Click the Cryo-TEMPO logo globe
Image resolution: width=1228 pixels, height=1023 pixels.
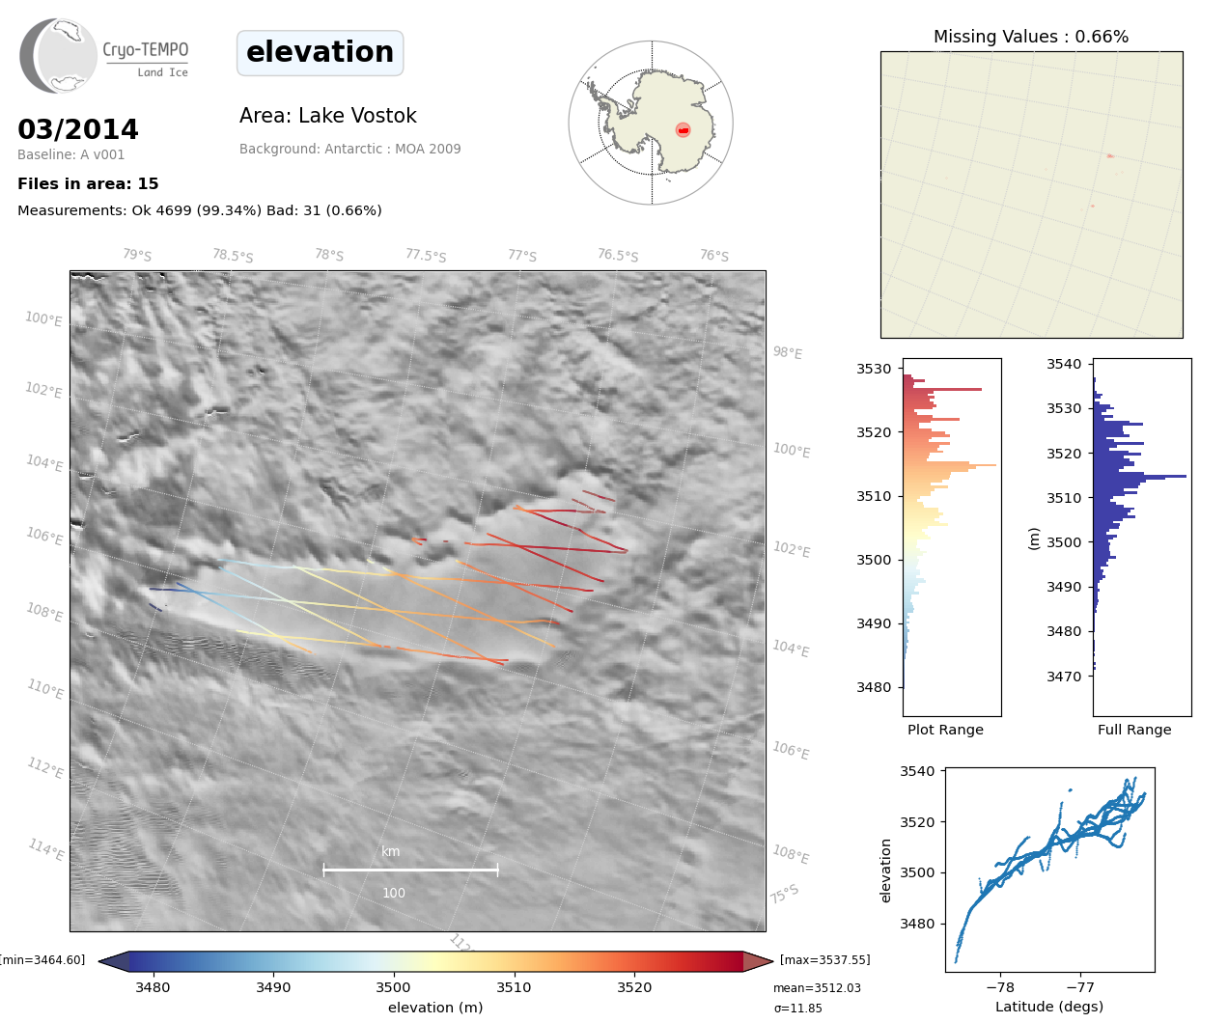tap(59, 56)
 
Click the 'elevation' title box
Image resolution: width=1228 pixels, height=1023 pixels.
tap(320, 52)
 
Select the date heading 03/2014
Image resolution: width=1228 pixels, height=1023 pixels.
tap(78, 129)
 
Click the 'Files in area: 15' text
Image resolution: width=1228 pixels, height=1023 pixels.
tap(88, 183)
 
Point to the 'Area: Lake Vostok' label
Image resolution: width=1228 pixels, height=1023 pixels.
tap(328, 116)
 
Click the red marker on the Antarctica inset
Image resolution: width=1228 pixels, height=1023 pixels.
tap(684, 130)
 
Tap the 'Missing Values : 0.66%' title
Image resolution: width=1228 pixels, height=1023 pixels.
tap(1031, 37)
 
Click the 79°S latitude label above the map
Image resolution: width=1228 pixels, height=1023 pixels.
tap(137, 255)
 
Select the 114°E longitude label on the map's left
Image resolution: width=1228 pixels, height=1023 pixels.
tap(46, 849)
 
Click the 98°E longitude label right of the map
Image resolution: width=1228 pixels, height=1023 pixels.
tap(788, 353)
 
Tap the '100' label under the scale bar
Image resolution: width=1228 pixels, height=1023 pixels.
tap(394, 893)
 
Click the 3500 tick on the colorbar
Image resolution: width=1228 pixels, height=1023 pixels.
tap(393, 987)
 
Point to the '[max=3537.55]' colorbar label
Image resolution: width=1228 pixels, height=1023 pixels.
tap(824, 959)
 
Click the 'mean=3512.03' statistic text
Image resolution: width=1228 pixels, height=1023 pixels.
tap(817, 988)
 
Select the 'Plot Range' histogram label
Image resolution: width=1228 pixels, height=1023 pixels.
tap(945, 730)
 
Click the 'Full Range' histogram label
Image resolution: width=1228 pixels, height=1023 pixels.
tap(1134, 730)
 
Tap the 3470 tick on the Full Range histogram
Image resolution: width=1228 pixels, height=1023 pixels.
tap(1064, 677)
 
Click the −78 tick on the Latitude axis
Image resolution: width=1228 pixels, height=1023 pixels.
tap(1000, 987)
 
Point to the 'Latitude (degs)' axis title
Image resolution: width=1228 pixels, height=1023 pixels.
tap(1049, 1007)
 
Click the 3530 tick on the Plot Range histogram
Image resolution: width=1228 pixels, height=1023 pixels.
tap(874, 369)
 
